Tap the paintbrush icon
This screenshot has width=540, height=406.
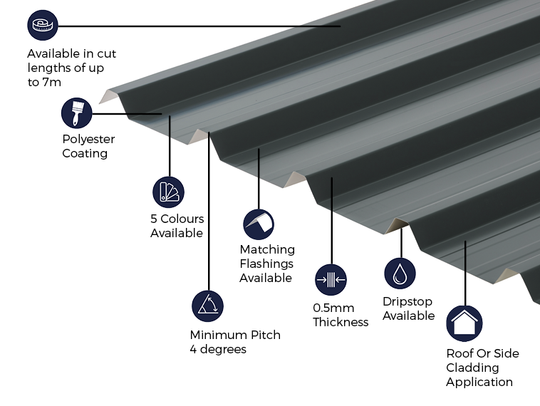click(x=76, y=113)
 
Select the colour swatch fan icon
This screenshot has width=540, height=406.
click(x=168, y=192)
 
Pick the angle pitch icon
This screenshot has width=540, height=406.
click(x=208, y=306)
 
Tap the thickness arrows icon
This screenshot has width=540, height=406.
click(x=331, y=280)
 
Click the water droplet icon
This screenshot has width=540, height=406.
click(x=400, y=274)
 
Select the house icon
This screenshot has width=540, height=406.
click(x=464, y=323)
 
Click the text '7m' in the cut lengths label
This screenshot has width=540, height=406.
click(x=52, y=82)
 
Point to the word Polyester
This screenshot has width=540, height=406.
click(x=88, y=139)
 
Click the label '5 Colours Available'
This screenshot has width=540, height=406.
click(x=177, y=226)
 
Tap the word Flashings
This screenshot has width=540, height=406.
click(x=266, y=264)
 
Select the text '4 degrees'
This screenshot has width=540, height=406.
click(x=218, y=349)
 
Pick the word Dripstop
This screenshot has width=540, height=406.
click(x=407, y=301)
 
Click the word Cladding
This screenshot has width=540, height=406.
click(x=472, y=368)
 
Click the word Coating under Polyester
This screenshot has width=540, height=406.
click(x=85, y=153)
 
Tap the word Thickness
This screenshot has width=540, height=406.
click(x=341, y=322)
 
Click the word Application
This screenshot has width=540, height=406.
click(x=479, y=382)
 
